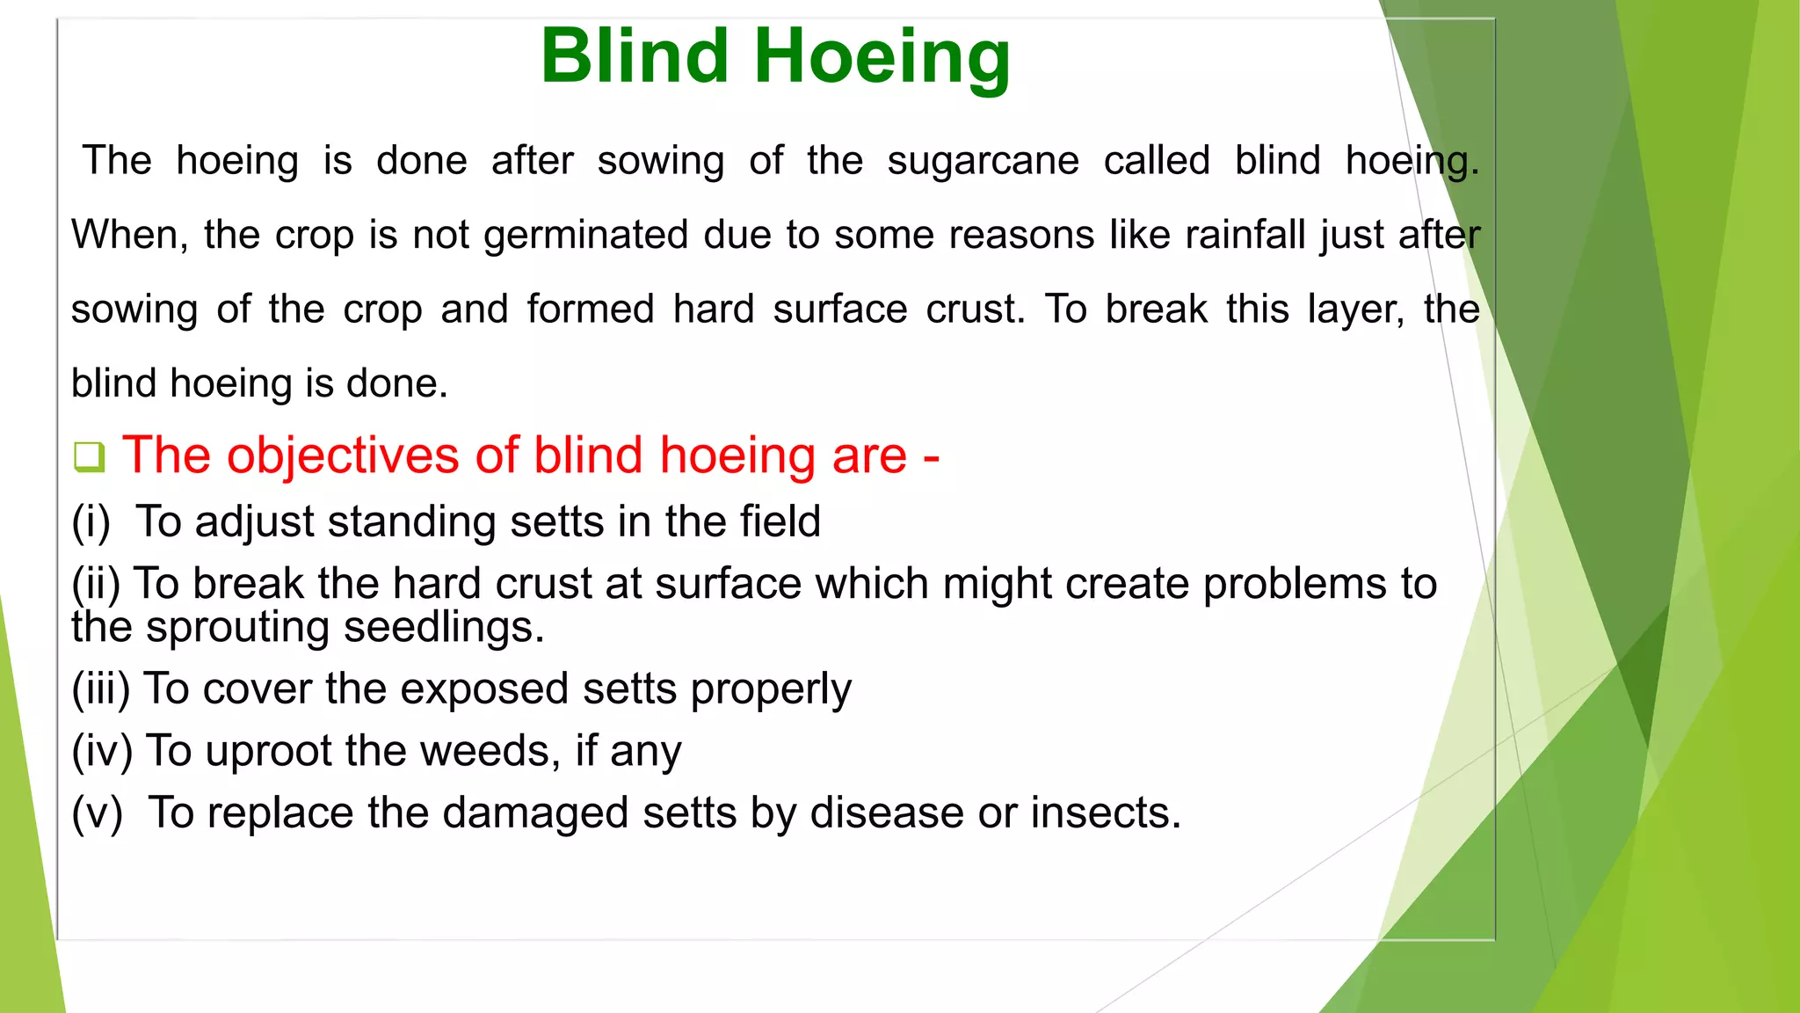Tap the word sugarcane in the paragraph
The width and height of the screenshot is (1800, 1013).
[x=983, y=162]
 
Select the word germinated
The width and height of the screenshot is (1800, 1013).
[x=585, y=236]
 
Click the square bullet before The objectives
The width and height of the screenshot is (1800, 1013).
[x=89, y=457]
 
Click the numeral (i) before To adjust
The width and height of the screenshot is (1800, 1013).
[x=91, y=522]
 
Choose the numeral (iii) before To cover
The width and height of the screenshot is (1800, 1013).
[x=101, y=689]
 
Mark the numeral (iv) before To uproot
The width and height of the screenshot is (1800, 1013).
[x=102, y=751]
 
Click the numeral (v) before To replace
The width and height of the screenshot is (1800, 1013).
[x=97, y=813]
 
